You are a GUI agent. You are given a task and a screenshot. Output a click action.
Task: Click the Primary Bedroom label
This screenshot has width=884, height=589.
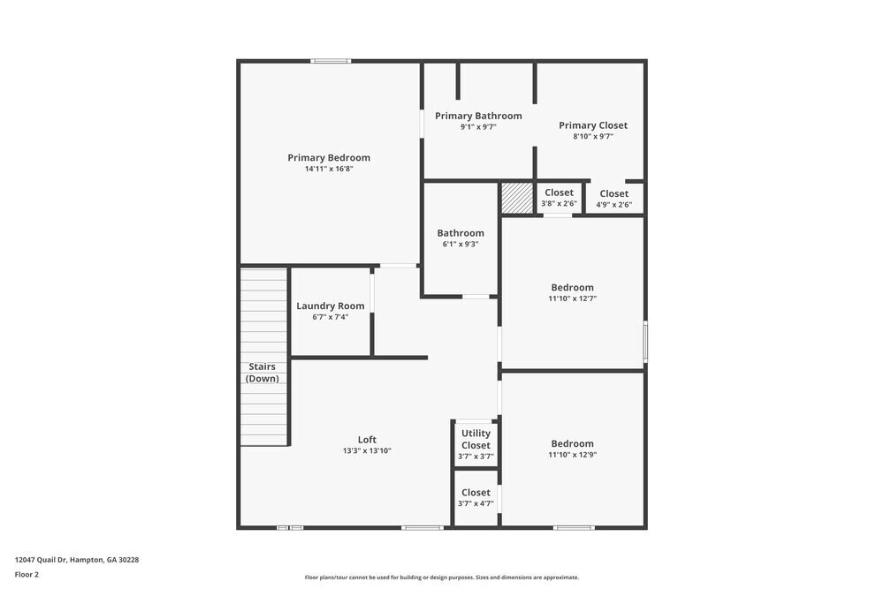coord(329,158)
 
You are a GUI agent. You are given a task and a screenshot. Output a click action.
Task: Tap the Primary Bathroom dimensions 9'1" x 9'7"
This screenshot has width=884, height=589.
coord(478,127)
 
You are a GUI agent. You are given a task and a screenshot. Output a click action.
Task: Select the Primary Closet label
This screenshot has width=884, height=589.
coord(593,125)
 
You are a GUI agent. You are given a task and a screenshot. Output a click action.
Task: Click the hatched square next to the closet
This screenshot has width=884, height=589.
coord(516,198)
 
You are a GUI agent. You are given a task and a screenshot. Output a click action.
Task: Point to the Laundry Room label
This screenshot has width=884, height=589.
coord(330,306)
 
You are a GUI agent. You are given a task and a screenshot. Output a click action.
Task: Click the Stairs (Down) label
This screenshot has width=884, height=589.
coord(262,373)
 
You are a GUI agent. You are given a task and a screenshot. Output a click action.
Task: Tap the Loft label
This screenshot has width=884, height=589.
coord(367,440)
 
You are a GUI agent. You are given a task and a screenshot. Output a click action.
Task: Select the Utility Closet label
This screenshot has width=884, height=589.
coord(476,439)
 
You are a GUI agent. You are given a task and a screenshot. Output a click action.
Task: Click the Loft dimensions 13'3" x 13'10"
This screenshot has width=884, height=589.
coord(367,451)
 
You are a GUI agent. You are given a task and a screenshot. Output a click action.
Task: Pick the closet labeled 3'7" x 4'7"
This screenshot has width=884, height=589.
coord(476,498)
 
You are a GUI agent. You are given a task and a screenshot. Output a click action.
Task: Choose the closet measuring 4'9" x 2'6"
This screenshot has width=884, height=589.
coord(614,199)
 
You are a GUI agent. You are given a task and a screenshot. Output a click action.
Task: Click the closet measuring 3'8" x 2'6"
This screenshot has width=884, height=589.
coord(559,198)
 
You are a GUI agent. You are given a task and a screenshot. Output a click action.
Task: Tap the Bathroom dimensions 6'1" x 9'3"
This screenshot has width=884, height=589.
coord(461,245)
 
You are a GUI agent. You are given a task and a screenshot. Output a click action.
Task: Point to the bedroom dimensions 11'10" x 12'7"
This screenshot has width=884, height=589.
coord(572,298)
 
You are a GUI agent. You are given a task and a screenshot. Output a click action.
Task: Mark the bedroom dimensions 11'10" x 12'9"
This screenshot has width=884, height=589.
coord(572,455)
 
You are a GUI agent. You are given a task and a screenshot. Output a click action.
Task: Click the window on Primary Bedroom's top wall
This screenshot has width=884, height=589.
coord(331,61)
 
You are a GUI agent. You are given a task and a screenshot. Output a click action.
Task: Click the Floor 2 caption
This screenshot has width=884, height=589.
coord(27,574)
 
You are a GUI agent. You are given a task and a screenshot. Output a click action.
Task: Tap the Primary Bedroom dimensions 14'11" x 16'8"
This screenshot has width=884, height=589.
coord(329,169)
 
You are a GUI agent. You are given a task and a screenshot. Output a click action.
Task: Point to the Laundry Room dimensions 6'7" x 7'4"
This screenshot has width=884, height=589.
coord(330,317)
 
